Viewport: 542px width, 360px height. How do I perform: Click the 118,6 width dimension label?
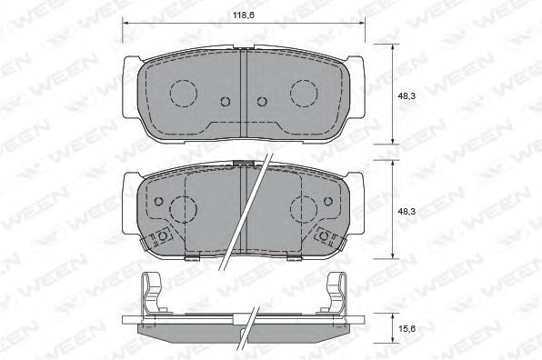click(244, 15)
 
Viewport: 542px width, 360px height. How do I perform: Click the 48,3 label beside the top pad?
click(406, 96)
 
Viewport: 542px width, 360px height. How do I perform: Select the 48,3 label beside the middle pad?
click(406, 212)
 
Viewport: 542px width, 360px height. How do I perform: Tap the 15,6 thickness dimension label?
click(406, 328)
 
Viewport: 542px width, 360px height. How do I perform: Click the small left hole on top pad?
click(226, 101)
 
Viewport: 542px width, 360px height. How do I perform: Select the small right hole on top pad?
click(262, 101)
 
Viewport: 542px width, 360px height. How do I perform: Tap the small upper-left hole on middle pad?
click(158, 202)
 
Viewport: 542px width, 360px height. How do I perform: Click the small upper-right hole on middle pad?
click(328, 202)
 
